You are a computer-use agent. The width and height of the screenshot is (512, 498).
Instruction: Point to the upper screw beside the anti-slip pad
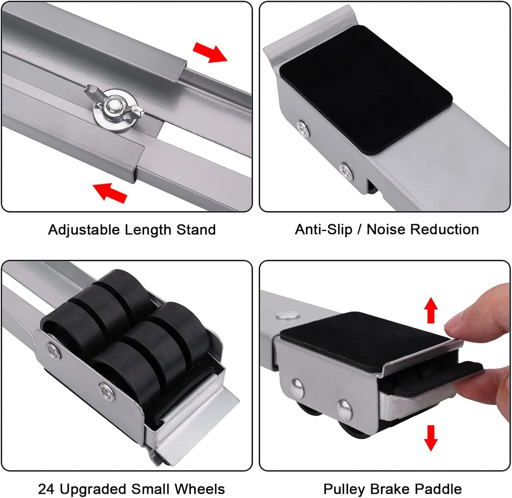click(304, 128)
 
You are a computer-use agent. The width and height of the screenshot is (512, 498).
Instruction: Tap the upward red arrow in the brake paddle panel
click(431, 310)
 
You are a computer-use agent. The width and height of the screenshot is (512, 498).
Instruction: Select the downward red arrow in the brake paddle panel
click(431, 438)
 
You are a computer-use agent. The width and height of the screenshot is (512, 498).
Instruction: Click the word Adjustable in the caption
click(84, 230)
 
